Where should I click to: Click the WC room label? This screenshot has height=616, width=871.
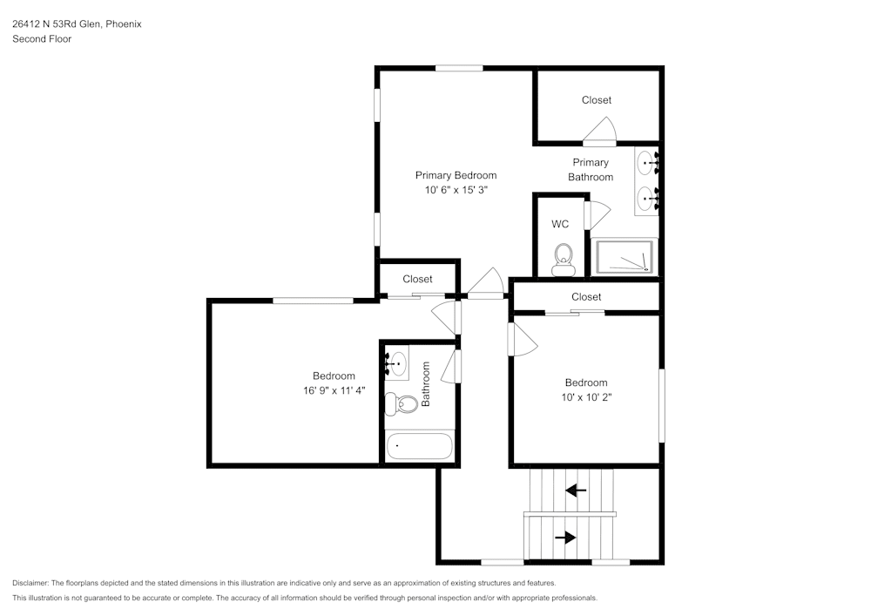tap(560, 224)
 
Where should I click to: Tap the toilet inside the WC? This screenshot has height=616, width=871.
tap(564, 259)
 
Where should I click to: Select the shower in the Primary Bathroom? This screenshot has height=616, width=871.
tap(625, 256)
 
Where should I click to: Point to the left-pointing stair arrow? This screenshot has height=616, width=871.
tap(576, 491)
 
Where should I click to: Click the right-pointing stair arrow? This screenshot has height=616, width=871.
tap(565, 538)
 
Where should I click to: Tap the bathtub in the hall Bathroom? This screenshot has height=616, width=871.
tap(420, 445)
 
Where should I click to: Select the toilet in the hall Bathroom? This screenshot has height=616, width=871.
tap(403, 403)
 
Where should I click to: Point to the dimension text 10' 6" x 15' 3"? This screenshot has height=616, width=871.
tap(456, 190)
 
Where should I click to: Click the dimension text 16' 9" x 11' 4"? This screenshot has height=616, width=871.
tap(334, 391)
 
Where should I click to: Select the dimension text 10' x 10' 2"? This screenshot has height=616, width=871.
tap(585, 397)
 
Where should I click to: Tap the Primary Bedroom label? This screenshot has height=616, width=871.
tap(456, 175)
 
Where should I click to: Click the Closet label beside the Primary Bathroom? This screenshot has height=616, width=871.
tap(597, 100)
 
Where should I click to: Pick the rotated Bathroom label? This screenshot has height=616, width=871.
tap(426, 384)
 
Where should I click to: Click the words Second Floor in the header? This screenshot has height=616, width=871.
tap(42, 39)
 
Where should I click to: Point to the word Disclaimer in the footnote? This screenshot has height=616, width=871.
tap(30, 583)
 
